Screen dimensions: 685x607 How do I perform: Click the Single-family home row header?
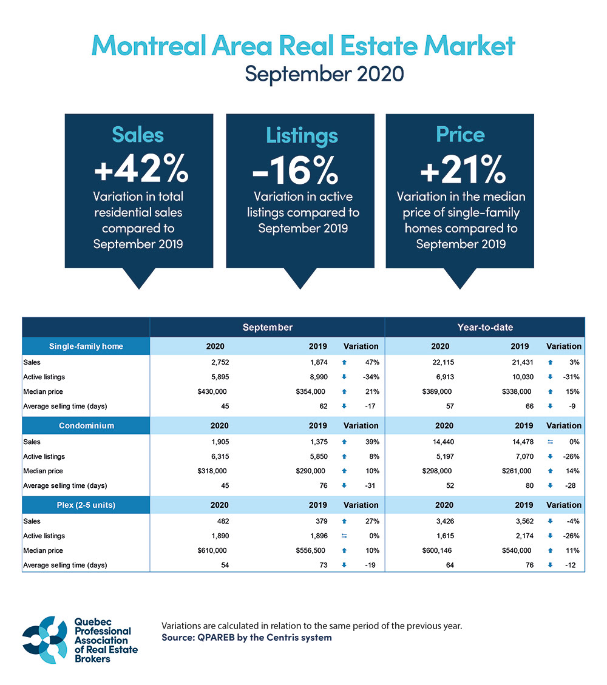tap(86, 346)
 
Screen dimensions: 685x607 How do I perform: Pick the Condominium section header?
tap(86, 426)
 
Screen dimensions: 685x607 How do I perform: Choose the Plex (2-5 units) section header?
tap(86, 505)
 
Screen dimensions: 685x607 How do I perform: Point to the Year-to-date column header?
tap(485, 327)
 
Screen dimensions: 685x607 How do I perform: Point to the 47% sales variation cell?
tap(372, 362)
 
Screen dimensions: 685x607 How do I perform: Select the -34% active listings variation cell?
tap(371, 377)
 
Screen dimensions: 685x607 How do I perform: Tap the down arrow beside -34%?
tap(344, 377)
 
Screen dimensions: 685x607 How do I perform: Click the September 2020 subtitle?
tap(324, 74)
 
